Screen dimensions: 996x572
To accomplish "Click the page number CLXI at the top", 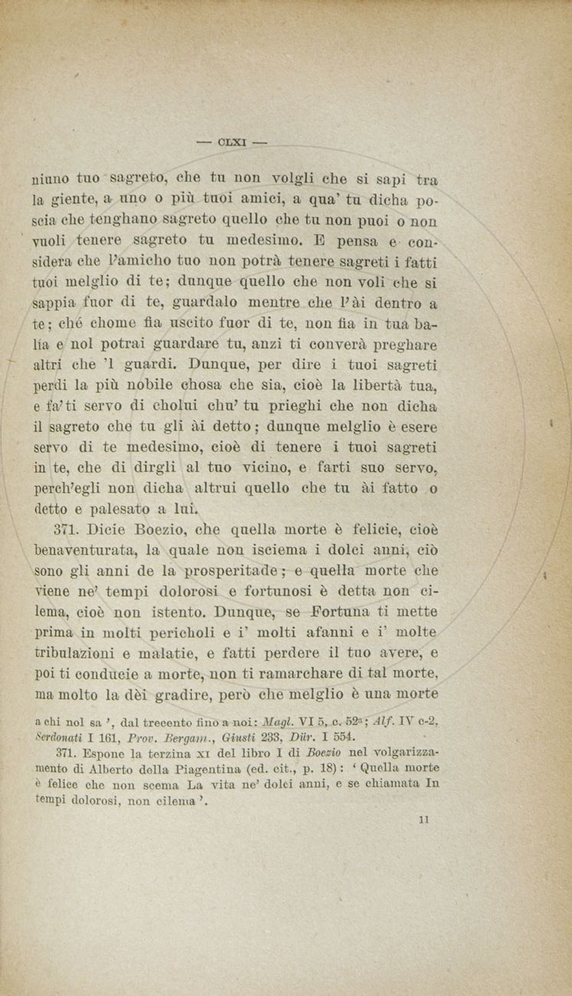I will [x=230, y=142].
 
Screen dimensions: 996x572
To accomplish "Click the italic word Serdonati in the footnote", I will [x=66, y=737].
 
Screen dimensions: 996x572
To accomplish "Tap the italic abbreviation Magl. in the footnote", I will [x=276, y=722].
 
